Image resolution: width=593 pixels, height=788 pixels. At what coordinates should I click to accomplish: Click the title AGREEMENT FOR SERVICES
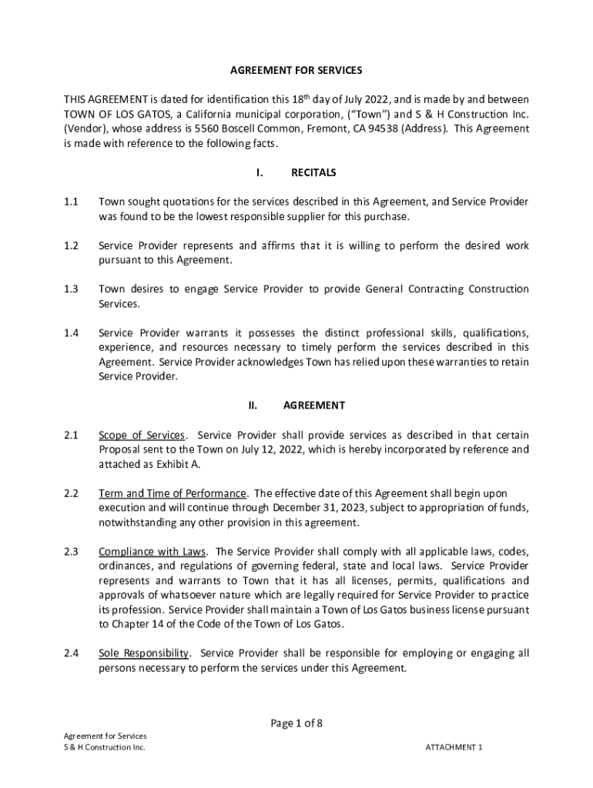(x=296, y=71)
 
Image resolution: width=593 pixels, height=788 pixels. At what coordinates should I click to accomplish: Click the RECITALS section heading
(x=313, y=172)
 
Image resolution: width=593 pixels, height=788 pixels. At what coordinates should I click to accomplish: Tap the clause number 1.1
(x=71, y=202)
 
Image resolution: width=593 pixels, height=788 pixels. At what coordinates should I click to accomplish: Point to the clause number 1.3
(x=71, y=289)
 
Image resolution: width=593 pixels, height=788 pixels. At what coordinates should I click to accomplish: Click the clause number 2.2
(x=71, y=492)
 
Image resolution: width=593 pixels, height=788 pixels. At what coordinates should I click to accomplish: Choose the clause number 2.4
(x=71, y=653)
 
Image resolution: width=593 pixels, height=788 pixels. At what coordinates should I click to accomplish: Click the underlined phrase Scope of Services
(x=142, y=435)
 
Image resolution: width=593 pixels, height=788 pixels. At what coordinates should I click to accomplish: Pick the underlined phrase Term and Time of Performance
(x=173, y=492)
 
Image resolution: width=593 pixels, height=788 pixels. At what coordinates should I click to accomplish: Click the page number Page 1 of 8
(x=296, y=723)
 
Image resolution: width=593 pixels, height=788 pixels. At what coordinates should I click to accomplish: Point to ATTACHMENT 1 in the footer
(x=454, y=747)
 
